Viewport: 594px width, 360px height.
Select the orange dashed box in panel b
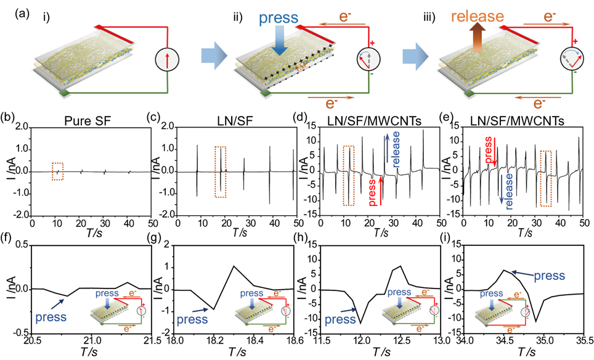coord(59,173)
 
